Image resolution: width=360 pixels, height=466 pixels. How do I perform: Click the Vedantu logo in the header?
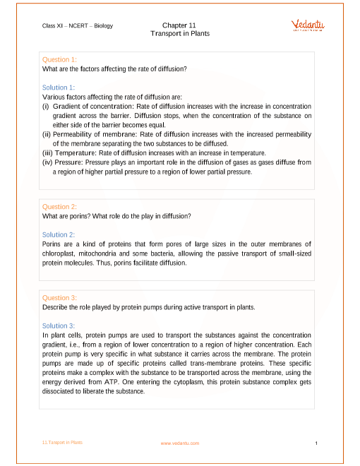tap(308, 25)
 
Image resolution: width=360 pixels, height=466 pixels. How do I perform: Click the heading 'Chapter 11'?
tap(179, 25)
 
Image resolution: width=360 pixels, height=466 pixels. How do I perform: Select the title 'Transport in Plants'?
tap(179, 33)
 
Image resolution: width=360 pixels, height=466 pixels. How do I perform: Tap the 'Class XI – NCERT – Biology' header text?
tap(77, 26)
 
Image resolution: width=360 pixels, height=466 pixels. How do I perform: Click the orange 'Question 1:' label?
tap(60, 59)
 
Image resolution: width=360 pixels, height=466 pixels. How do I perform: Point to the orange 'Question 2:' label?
tap(60, 207)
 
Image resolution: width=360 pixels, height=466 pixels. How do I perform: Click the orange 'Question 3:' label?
tap(60, 298)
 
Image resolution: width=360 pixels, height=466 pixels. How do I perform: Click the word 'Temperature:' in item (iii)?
tap(74, 153)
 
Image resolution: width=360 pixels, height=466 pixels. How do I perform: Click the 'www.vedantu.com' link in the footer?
tap(180, 443)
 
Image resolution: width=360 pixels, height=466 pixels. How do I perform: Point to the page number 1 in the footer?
tap(317, 443)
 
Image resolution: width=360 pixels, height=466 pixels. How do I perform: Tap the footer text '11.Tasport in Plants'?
tap(62, 442)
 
